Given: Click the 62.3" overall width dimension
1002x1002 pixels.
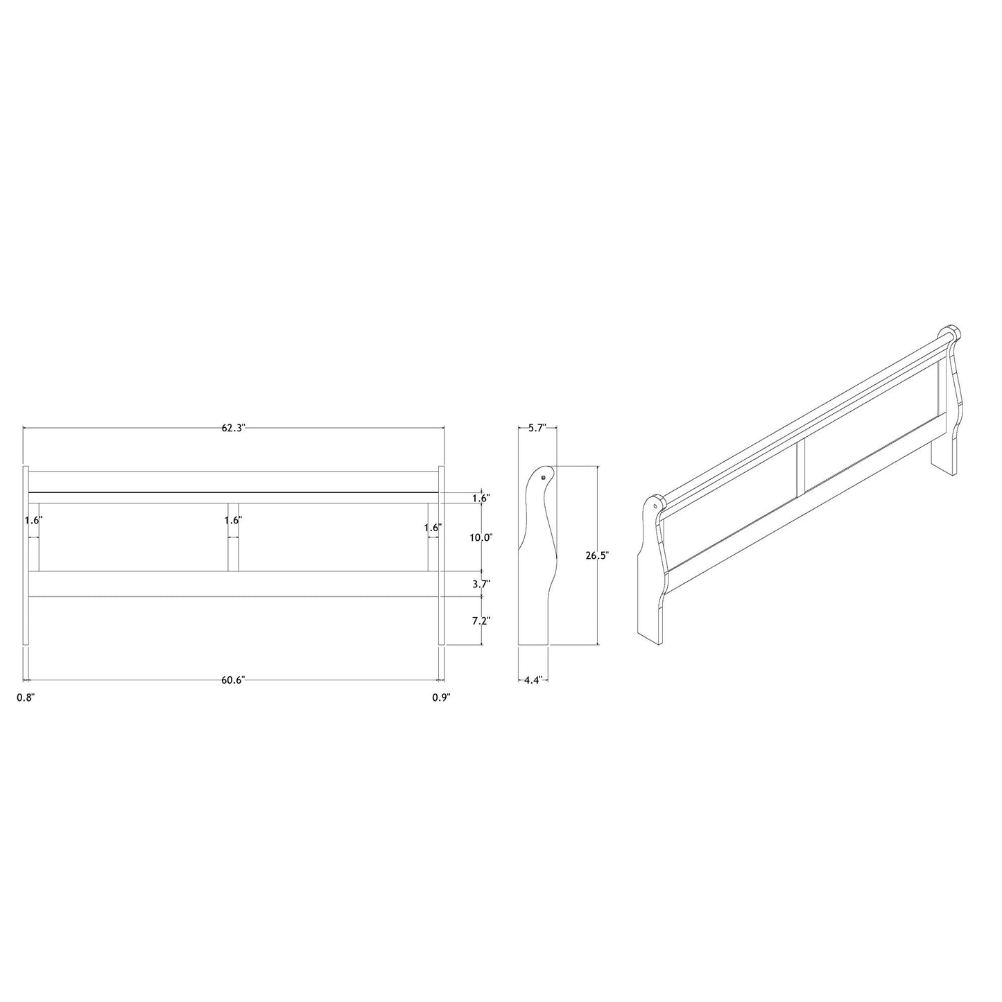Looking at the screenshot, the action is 233,428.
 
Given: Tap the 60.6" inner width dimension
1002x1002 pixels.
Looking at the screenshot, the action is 232,680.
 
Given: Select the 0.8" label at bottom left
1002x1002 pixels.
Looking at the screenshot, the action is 26,698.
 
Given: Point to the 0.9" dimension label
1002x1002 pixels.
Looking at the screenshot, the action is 441,698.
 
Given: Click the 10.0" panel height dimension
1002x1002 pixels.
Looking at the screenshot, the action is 481,537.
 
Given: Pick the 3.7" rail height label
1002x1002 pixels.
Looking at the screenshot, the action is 481,584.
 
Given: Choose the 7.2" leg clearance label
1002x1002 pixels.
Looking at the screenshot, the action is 481,621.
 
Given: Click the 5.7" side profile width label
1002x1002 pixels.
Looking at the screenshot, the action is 537,428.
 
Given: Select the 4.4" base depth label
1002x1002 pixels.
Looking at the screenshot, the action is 533,680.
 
